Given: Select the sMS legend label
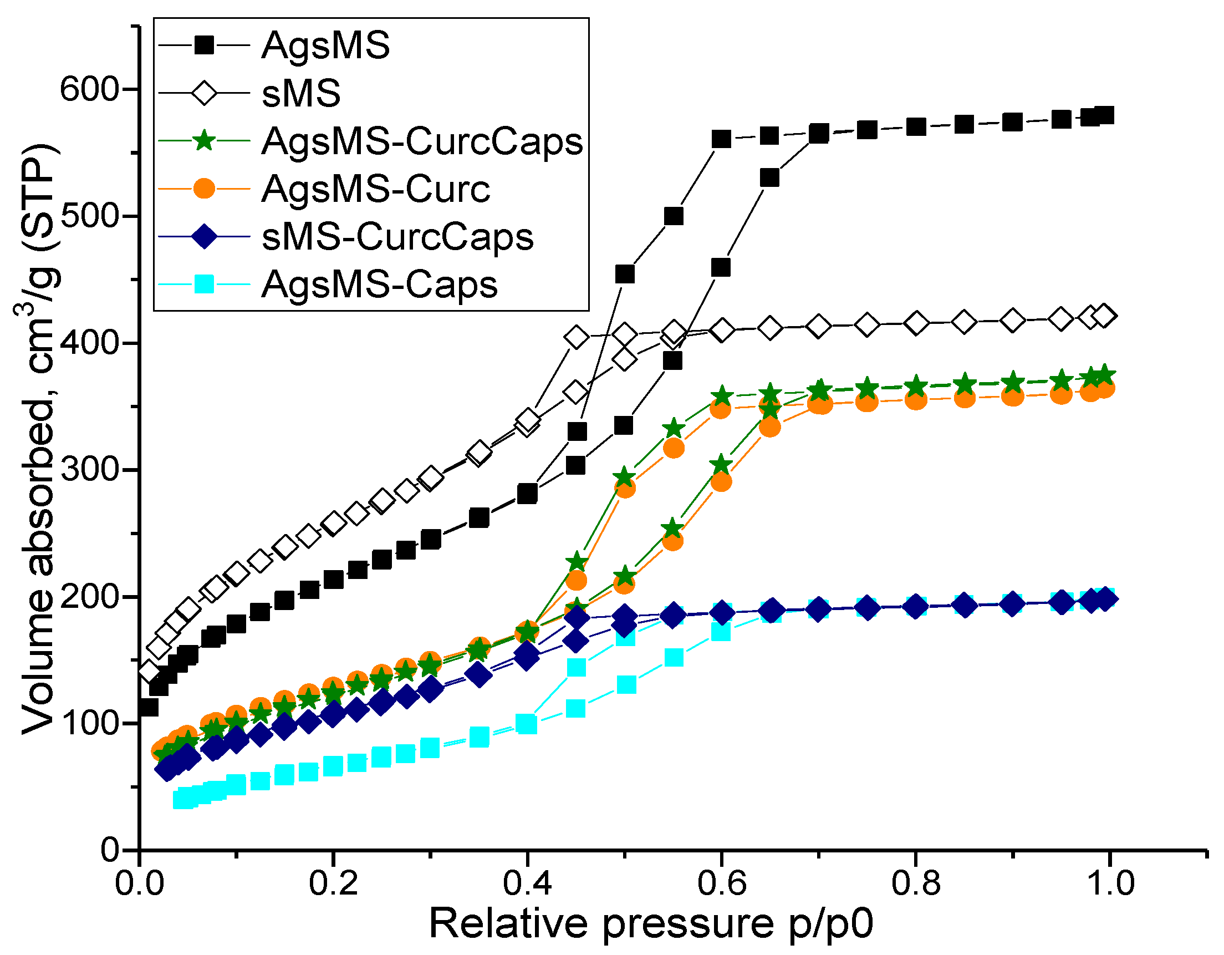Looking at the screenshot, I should tap(301, 93).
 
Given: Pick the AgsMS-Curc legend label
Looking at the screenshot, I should tap(375, 189).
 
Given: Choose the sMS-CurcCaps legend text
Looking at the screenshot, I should tap(398, 237).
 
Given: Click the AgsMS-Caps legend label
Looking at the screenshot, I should tap(379, 285).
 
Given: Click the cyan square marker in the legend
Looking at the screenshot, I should tap(204, 285).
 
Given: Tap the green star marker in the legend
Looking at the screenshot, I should tap(204, 141).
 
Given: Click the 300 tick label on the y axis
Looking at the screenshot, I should tap(90, 469).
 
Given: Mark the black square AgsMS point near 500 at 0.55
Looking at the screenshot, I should tap(673, 216).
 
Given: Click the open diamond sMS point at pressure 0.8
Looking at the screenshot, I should tap(916, 323).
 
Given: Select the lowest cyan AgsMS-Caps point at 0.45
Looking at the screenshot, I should tap(575, 709).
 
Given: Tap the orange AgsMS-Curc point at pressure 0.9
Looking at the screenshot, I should tap(1013, 397).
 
